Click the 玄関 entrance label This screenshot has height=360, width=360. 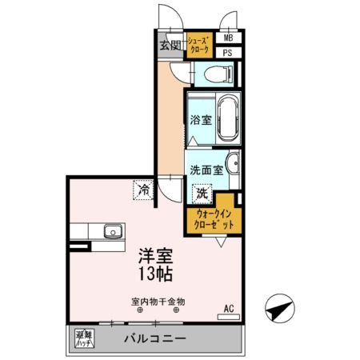click(x=170, y=44)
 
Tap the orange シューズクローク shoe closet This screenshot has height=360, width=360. click(x=200, y=45)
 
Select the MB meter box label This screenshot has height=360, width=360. click(x=228, y=38)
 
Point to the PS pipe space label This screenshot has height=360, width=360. click(x=228, y=53)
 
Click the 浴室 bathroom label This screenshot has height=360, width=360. click(x=200, y=121)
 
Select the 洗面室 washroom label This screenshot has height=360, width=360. click(x=206, y=170)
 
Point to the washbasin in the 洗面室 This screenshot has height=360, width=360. click(x=231, y=165)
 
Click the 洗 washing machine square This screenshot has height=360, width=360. click(x=202, y=193)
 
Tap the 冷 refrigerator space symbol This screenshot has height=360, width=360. click(x=142, y=191)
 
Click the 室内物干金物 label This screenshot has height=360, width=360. click(x=158, y=302)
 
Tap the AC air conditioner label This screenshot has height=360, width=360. click(x=228, y=308)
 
